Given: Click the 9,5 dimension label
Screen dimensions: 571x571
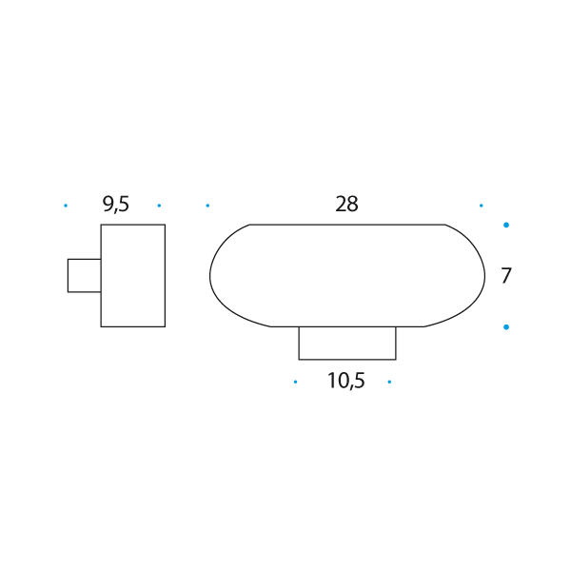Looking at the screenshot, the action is click(x=116, y=205).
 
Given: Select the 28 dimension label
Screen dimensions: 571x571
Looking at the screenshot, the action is click(x=346, y=204).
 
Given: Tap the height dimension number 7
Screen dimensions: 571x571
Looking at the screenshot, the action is click(x=506, y=275).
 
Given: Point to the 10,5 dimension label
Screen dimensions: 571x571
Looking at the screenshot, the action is click(x=346, y=381).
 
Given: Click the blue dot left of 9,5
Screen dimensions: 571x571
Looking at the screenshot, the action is click(x=66, y=206).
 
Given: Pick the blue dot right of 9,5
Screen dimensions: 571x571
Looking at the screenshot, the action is click(x=159, y=206).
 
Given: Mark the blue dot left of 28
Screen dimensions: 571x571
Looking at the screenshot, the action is click(x=207, y=206).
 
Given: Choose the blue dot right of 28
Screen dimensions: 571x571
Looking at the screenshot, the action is click(x=481, y=206).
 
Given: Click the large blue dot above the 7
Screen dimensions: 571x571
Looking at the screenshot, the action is click(x=506, y=225).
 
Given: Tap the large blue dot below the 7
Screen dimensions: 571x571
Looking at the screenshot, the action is click(x=506, y=327).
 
